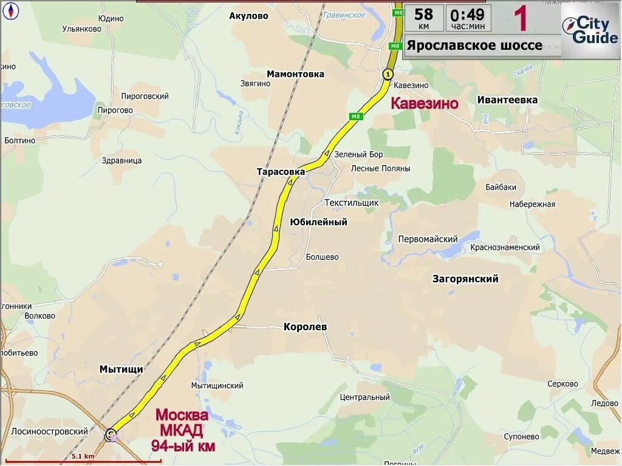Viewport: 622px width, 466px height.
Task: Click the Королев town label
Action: pos(305,327)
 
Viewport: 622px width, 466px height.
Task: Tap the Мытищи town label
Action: pos(121,369)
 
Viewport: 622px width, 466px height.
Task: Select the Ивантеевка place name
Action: pos(507,100)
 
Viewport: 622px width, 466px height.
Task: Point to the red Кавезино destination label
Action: pos(424,104)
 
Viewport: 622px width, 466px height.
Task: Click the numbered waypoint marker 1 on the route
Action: pos(388,74)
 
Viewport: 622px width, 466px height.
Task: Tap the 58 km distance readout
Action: pos(423,18)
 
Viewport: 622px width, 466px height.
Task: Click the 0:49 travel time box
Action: pos(468,18)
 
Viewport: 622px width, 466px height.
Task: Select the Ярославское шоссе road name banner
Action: pos(474,46)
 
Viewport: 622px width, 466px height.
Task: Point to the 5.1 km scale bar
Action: pos(83,459)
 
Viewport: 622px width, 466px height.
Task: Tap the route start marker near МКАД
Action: pos(111,434)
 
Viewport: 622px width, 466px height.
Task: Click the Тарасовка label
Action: pos(281,172)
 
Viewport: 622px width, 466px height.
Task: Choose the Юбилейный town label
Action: pos(319,222)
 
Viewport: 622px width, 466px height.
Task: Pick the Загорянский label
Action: pos(465,279)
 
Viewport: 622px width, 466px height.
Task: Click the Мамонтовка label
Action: pos(295,74)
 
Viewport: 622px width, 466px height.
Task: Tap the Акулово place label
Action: pos(248,16)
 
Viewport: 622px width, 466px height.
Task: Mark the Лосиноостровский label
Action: pos(49,431)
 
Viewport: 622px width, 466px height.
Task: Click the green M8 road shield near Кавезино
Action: pos(356,116)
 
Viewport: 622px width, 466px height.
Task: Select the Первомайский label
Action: pos(428,239)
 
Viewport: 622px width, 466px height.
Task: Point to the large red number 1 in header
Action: pos(521,18)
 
